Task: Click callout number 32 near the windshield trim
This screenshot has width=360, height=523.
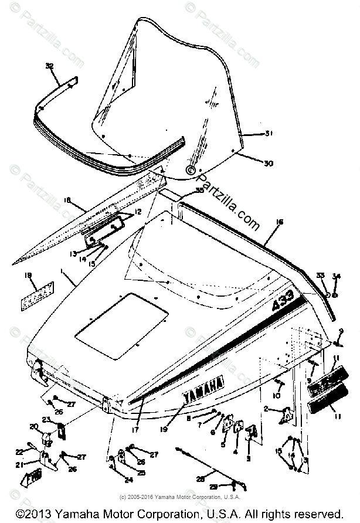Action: coord(49,66)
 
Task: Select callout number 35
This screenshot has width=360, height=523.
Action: coord(200,191)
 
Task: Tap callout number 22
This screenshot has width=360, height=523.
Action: coord(19,450)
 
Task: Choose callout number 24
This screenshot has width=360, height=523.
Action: coord(129,480)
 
